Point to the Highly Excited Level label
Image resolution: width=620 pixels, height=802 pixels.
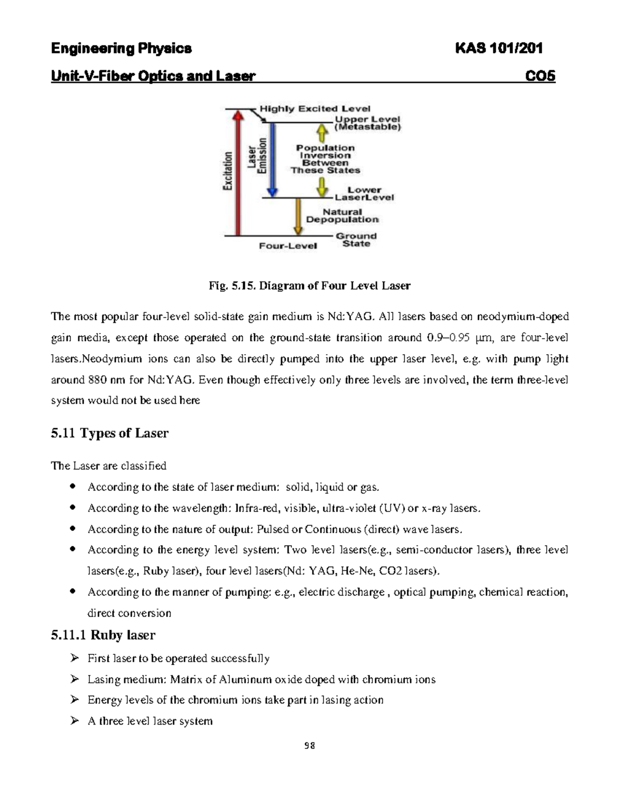coord(315,108)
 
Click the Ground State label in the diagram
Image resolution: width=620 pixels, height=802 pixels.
coord(357,240)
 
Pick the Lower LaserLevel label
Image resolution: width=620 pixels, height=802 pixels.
coord(364,194)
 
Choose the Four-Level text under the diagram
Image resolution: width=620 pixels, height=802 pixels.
coord(288,246)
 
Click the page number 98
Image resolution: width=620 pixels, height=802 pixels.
coord(309,746)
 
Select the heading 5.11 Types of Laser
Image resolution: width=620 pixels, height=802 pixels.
coord(110,433)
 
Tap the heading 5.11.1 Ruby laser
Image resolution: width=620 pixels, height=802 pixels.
coord(103,635)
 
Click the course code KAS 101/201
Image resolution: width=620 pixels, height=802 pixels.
coord(498,49)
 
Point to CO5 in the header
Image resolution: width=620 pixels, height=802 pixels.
coord(540,76)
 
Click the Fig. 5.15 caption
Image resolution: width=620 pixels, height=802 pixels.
coord(309,286)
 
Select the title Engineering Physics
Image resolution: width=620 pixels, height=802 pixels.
coord(121,49)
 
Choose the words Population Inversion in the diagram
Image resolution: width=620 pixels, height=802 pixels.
coord(325,151)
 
